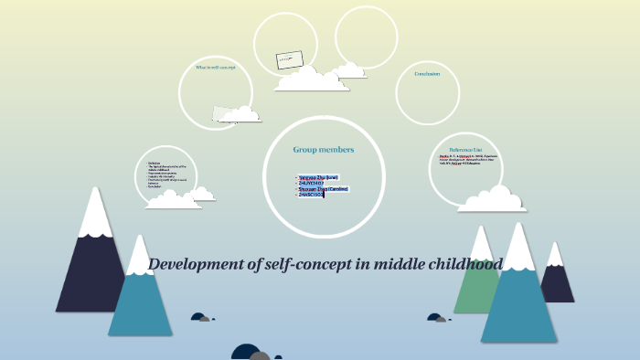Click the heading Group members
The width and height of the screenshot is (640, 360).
click(323, 149)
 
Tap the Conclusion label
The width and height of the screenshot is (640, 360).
click(427, 74)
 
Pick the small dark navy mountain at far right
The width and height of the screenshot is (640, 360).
click(557, 279)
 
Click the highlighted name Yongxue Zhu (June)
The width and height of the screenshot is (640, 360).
click(318, 176)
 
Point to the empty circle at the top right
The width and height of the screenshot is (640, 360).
click(366, 37)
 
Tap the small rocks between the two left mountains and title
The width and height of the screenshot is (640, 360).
click(201, 318)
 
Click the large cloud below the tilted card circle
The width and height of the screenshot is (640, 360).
click(312, 80)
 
